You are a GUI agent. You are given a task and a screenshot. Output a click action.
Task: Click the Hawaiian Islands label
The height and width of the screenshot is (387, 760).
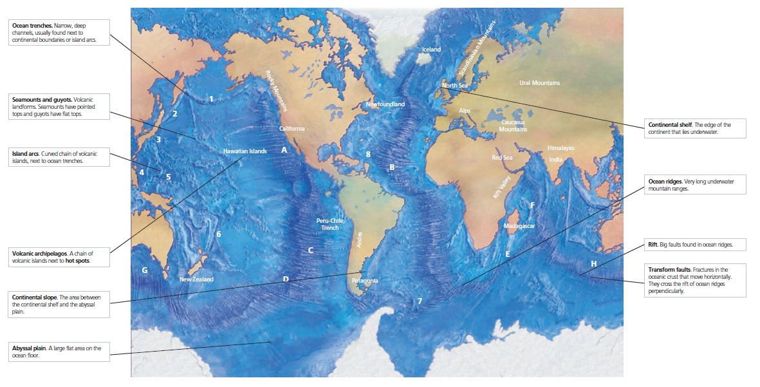[x=245, y=151]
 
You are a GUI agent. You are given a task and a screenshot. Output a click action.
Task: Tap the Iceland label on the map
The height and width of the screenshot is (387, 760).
[x=431, y=50]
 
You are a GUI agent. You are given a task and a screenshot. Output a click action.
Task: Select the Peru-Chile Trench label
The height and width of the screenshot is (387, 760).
[x=330, y=224]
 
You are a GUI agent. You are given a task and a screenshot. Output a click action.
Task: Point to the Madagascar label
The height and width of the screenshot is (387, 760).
[x=519, y=226]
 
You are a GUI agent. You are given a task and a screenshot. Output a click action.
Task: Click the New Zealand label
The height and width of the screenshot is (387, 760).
[x=196, y=279]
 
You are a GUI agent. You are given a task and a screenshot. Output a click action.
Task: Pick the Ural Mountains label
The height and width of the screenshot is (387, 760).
[x=539, y=83]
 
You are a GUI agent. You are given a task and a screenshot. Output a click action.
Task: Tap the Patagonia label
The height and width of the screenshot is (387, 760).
[x=366, y=281]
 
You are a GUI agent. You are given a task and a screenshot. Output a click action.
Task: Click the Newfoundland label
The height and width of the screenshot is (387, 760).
[x=385, y=104]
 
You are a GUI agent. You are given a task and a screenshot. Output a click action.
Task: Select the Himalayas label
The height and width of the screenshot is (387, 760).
[x=561, y=148]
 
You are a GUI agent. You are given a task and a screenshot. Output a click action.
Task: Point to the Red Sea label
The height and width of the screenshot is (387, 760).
[x=502, y=158]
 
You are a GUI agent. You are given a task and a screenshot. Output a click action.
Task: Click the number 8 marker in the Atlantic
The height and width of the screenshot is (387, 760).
[x=368, y=154]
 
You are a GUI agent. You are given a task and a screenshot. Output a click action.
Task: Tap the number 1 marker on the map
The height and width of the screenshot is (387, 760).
[x=211, y=99]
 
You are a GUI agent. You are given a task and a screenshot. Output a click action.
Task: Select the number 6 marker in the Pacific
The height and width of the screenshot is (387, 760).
[x=219, y=234]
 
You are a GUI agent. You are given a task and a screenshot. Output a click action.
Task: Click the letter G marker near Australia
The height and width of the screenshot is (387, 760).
[x=145, y=270]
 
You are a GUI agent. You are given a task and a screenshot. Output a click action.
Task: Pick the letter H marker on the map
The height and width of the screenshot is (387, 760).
[x=593, y=263]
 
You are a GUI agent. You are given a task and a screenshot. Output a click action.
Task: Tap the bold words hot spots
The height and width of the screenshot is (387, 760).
[x=77, y=261]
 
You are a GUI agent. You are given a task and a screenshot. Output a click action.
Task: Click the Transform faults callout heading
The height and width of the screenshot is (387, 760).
[x=669, y=269]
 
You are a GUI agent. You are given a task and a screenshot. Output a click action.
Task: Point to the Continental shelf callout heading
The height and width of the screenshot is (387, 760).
[x=670, y=124]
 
